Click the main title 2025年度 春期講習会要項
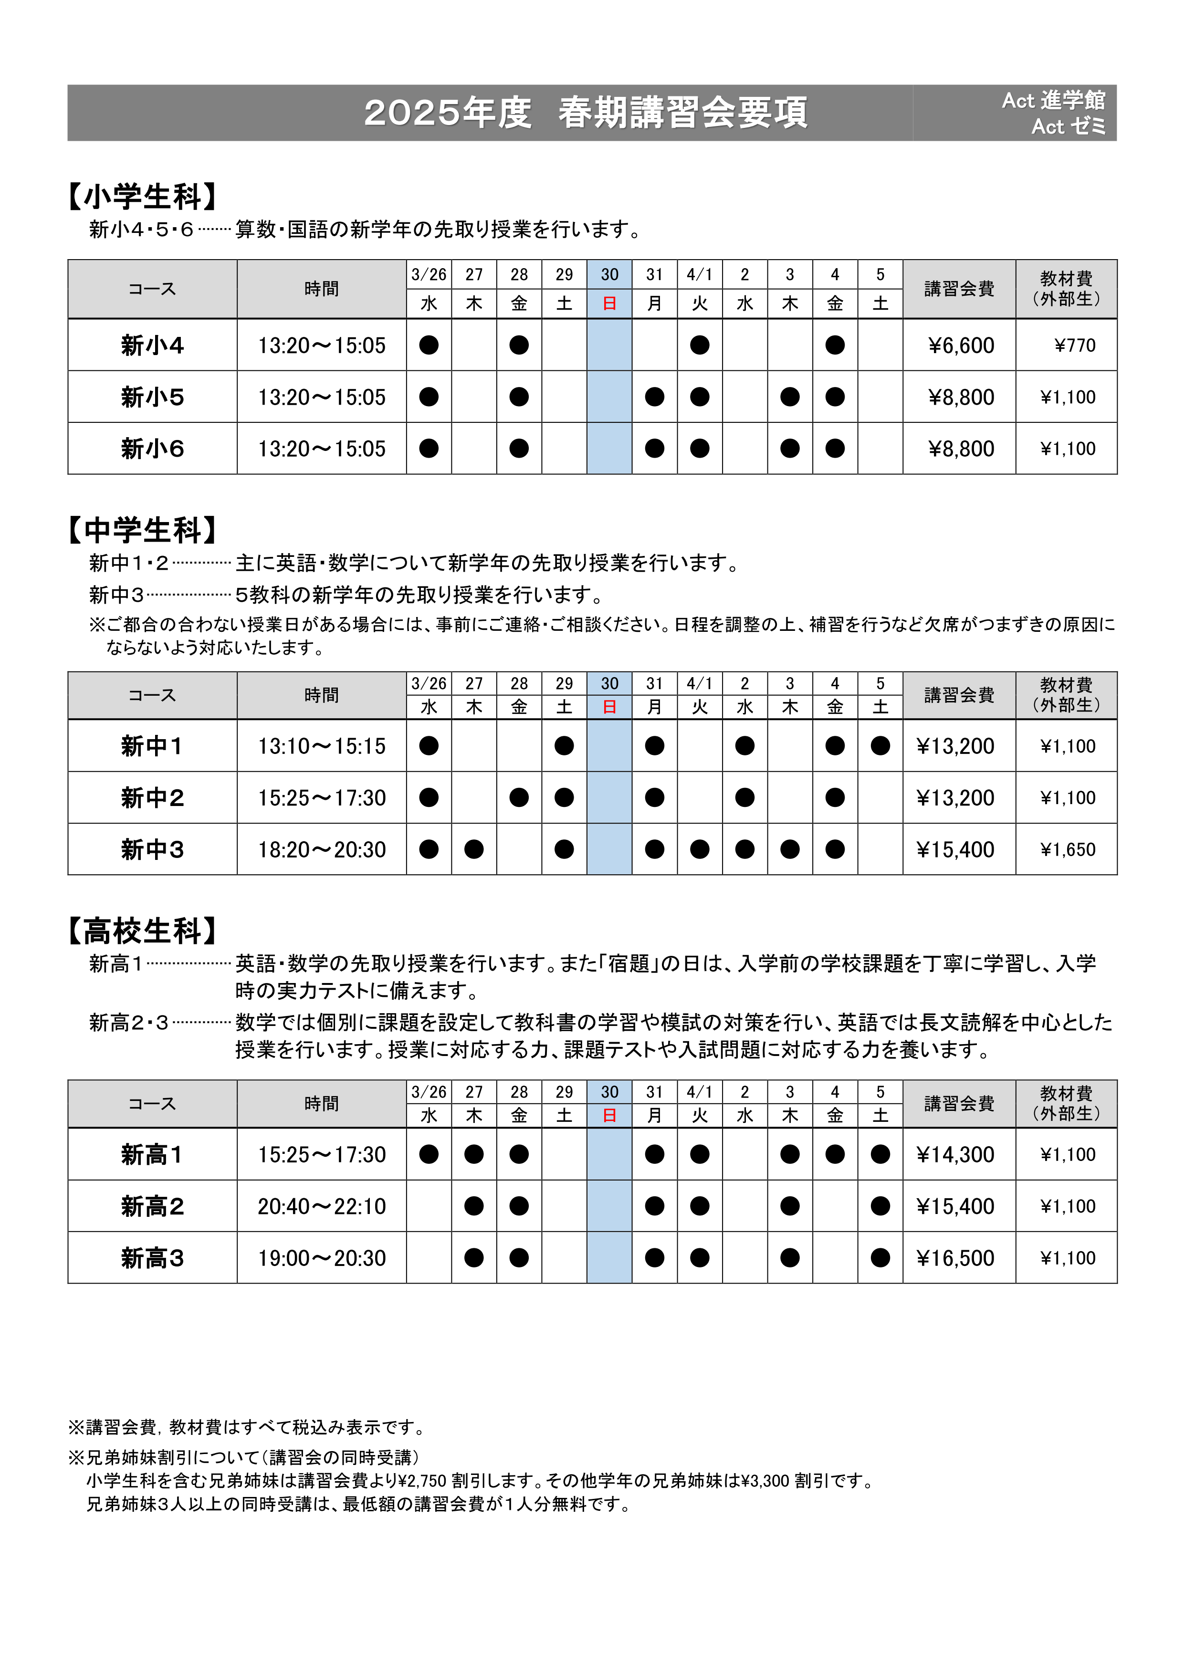[586, 113]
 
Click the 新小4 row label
[152, 345]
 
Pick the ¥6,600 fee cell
[961, 345]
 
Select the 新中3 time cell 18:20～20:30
[322, 849]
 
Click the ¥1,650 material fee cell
[1068, 849]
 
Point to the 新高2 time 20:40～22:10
[322, 1206]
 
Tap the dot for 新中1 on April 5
[880, 746]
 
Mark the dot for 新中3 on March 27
[474, 849]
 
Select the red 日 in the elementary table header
[609, 303]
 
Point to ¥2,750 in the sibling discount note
[422, 1481]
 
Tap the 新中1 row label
[152, 746]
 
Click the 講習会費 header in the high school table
[959, 1103]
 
